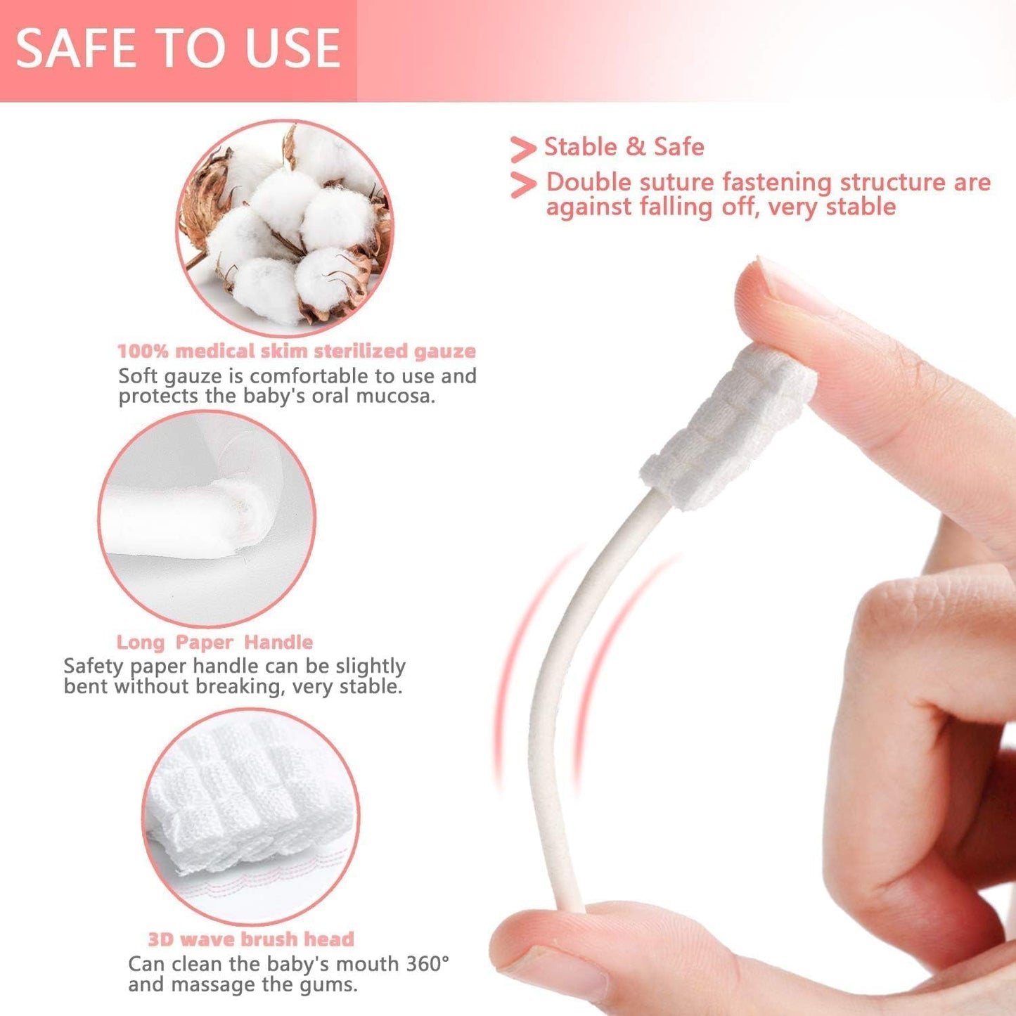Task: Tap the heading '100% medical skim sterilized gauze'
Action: [296, 351]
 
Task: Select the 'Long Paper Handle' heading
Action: [214, 642]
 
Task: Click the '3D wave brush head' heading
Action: [250, 939]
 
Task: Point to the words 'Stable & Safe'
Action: [624, 147]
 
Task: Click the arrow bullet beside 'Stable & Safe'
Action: [522, 149]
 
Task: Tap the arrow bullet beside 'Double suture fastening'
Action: [522, 184]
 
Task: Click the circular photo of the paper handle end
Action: [206, 519]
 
